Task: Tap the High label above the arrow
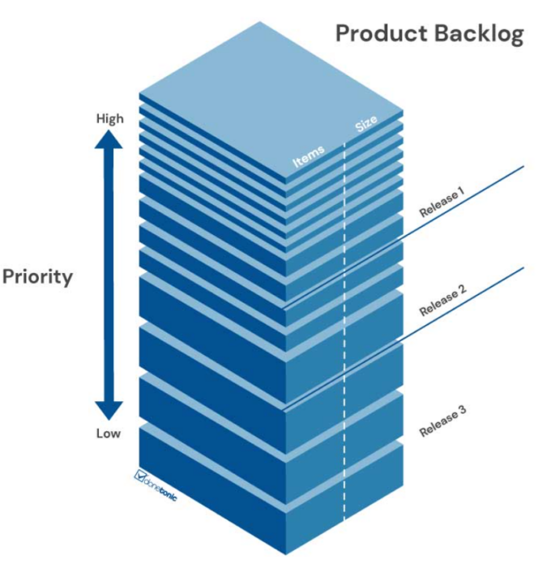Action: (x=110, y=118)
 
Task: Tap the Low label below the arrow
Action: (x=109, y=433)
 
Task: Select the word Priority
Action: (x=37, y=276)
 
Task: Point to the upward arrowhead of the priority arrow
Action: (x=109, y=139)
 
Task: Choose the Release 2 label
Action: (x=442, y=301)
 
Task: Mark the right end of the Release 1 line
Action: (x=523, y=167)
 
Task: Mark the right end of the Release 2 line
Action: (x=523, y=268)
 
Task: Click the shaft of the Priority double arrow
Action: (x=109, y=275)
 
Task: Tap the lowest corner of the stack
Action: (x=285, y=553)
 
